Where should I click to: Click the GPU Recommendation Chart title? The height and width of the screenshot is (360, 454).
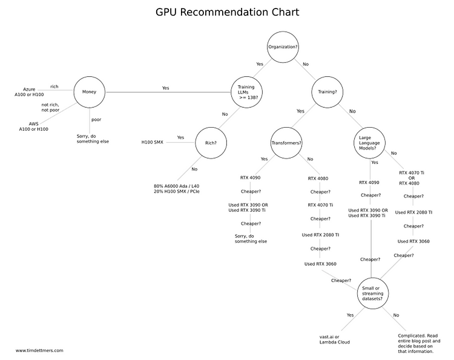(227, 13)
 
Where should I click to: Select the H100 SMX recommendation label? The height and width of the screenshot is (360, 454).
(153, 142)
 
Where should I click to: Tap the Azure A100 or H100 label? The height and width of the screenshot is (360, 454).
(29, 92)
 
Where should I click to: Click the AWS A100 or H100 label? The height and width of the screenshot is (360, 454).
(33, 126)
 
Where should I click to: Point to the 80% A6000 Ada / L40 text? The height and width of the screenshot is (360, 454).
(177, 186)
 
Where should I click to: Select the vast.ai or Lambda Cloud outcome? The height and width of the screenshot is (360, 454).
(334, 339)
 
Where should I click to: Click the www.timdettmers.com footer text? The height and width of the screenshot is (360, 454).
(39, 350)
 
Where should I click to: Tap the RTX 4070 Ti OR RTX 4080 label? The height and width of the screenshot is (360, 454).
(412, 178)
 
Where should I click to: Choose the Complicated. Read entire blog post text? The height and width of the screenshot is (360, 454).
(419, 338)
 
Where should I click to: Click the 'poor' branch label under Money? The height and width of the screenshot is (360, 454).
(96, 120)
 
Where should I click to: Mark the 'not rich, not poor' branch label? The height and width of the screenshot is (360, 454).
(50, 107)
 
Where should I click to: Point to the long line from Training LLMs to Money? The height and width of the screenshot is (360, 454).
(168, 93)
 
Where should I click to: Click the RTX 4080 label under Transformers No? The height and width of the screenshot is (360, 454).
(318, 178)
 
